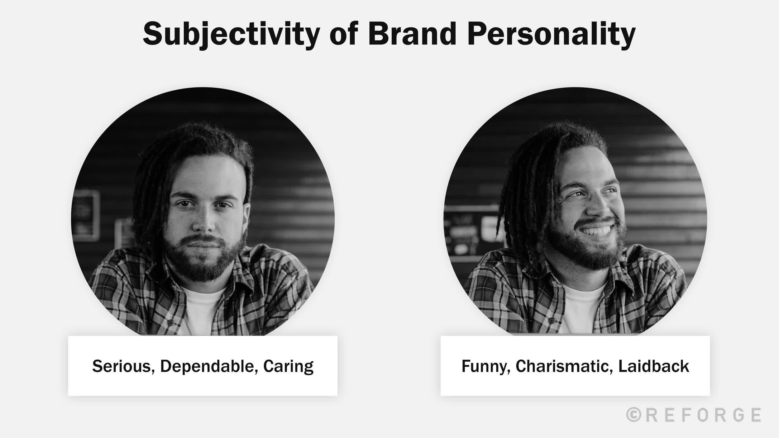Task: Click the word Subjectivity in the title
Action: click(231, 34)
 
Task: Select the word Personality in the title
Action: click(551, 34)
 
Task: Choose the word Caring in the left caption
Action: click(288, 367)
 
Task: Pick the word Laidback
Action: click(653, 366)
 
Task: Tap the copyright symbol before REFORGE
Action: click(633, 415)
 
